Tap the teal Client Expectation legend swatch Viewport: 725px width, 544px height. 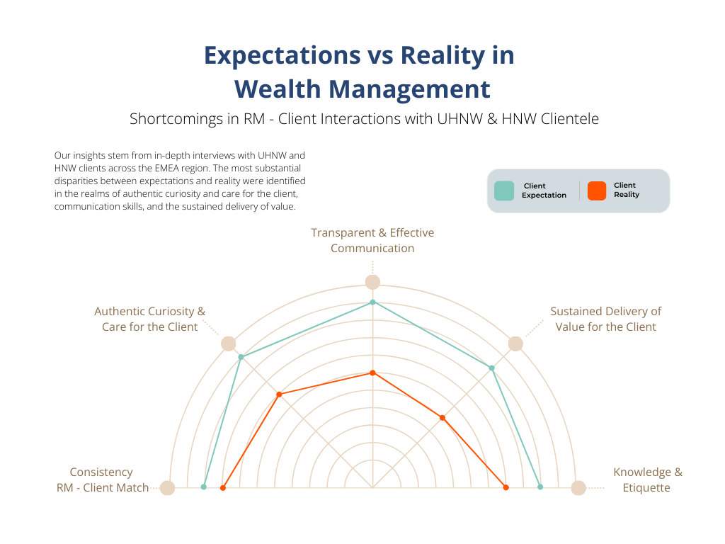[x=504, y=191]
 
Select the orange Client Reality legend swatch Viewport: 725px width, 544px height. [x=597, y=191]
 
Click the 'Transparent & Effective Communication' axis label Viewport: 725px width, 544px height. [x=372, y=240]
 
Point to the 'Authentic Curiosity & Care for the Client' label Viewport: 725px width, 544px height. [x=149, y=319]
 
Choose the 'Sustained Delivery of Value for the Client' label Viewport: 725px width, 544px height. [x=605, y=319]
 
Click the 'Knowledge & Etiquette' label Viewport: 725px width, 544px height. [x=647, y=480]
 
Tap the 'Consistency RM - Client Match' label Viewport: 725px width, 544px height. [x=103, y=480]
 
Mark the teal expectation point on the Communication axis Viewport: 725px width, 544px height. [x=373, y=302]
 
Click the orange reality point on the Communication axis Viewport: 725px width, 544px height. [x=373, y=373]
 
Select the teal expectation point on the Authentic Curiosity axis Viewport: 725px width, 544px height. [x=241, y=356]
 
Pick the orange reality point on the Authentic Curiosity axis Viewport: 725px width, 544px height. [x=280, y=394]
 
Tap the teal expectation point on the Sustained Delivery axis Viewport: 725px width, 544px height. [x=492, y=368]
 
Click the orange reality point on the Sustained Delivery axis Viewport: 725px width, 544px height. [x=443, y=418]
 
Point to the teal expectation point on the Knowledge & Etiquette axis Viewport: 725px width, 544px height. [x=540, y=487]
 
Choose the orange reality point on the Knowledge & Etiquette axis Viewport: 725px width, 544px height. [x=506, y=487]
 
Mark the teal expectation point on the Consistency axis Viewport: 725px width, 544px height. [x=204, y=487]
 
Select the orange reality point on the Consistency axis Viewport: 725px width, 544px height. [x=222, y=488]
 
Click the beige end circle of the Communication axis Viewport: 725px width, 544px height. [x=372, y=282]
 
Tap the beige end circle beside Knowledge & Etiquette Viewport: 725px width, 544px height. [x=578, y=488]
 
